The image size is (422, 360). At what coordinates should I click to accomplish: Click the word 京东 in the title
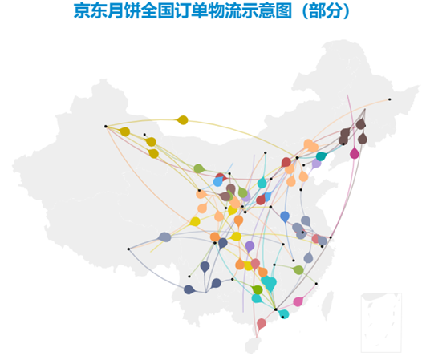click(x=91, y=11)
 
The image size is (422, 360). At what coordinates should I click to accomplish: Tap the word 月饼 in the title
click(x=124, y=11)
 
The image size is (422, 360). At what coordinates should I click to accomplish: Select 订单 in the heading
click(x=191, y=11)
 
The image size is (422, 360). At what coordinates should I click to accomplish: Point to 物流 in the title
click(x=225, y=11)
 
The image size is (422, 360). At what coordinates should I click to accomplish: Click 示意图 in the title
click(x=266, y=11)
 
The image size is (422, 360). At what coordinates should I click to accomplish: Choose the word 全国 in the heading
click(x=157, y=11)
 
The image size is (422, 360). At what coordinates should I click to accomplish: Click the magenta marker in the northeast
click(x=355, y=153)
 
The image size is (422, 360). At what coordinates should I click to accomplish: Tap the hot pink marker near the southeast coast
click(x=298, y=301)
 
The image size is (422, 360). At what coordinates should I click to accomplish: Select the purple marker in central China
click(x=250, y=246)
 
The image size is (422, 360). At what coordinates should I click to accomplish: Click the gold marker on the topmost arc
click(x=182, y=120)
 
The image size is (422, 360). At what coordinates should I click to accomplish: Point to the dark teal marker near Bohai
click(x=321, y=156)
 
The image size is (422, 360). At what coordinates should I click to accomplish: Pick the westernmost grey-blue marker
click(x=165, y=237)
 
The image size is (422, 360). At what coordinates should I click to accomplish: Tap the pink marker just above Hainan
click(x=262, y=323)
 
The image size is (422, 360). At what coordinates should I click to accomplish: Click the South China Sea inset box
click(x=381, y=322)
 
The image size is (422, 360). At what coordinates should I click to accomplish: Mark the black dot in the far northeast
click(x=389, y=99)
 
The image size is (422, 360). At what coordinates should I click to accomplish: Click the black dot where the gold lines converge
click(x=106, y=126)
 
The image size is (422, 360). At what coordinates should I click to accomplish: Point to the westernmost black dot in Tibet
click(x=128, y=249)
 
